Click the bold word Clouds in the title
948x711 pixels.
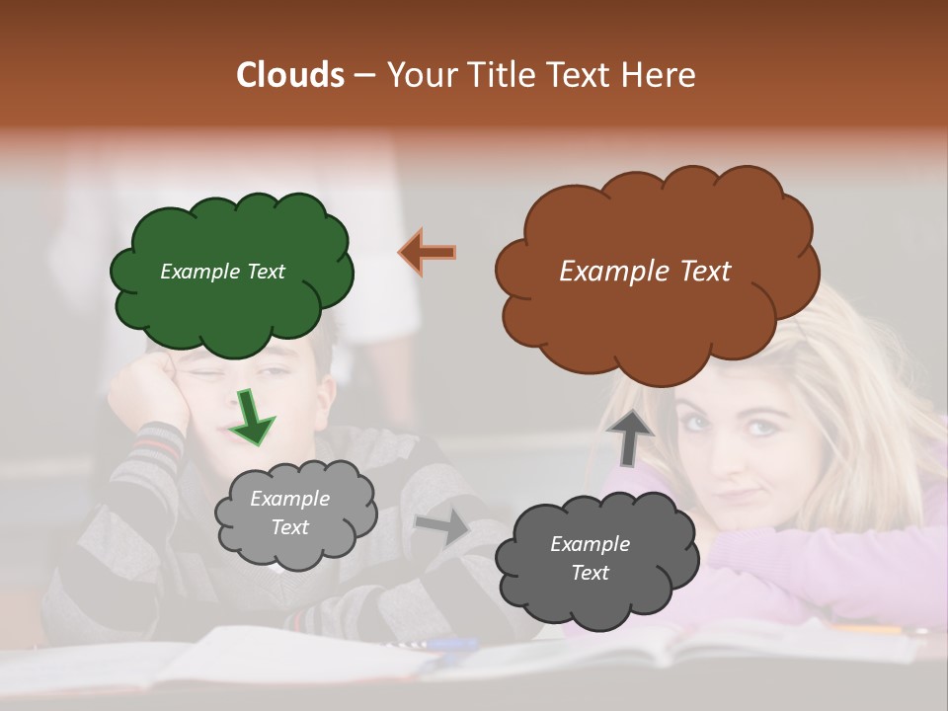tap(290, 75)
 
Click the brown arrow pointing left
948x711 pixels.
tap(428, 252)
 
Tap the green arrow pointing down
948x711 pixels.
tap(252, 418)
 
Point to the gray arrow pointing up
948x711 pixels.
tap(629, 437)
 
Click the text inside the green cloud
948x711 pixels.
tap(222, 272)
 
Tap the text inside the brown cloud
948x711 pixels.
tap(645, 272)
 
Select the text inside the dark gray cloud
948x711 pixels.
tap(590, 558)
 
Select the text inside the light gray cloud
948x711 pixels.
tap(289, 513)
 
